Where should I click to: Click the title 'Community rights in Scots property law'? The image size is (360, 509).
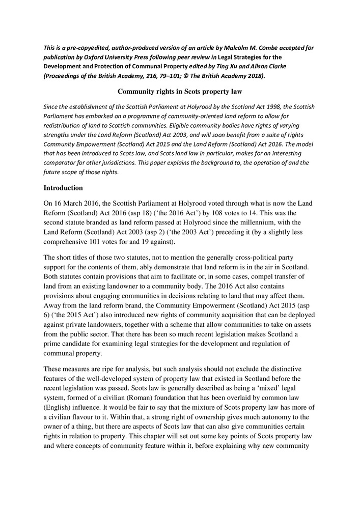180,92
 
